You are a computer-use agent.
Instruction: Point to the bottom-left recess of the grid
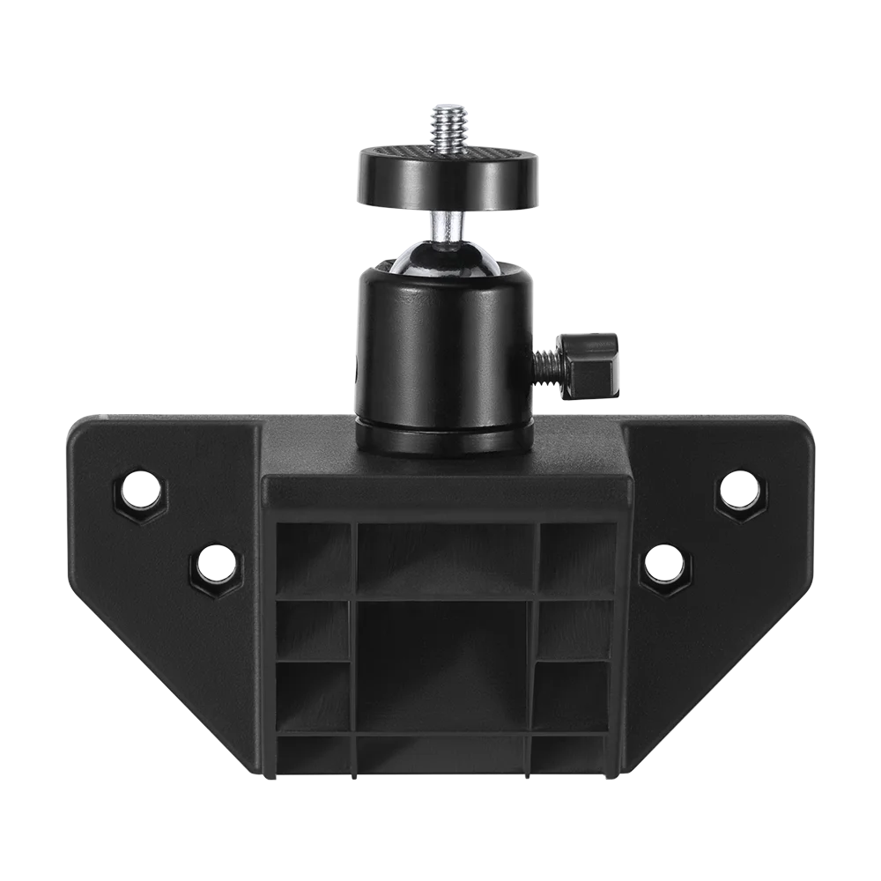[x=313, y=753]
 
